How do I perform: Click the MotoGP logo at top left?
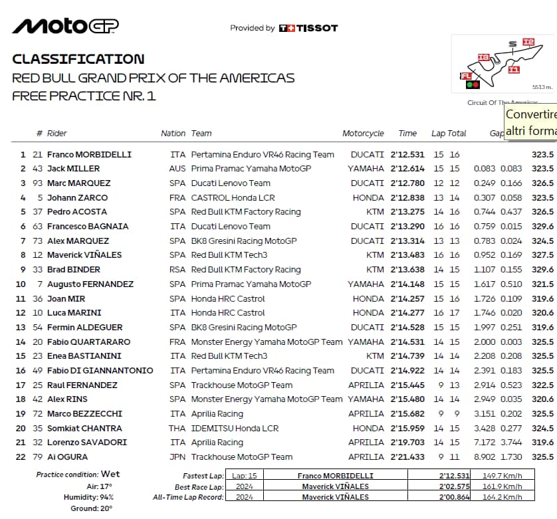[65, 26]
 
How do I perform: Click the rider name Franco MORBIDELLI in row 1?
[89, 155]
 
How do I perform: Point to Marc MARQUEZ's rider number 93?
[37, 183]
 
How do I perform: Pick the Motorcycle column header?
[363, 134]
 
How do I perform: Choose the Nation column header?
[173, 134]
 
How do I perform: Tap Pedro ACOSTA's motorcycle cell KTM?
[375, 212]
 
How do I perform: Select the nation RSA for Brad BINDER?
[177, 270]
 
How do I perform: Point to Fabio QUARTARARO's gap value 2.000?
[485, 342]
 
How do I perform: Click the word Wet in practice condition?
[110, 474]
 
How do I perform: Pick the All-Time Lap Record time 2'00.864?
[454, 497]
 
